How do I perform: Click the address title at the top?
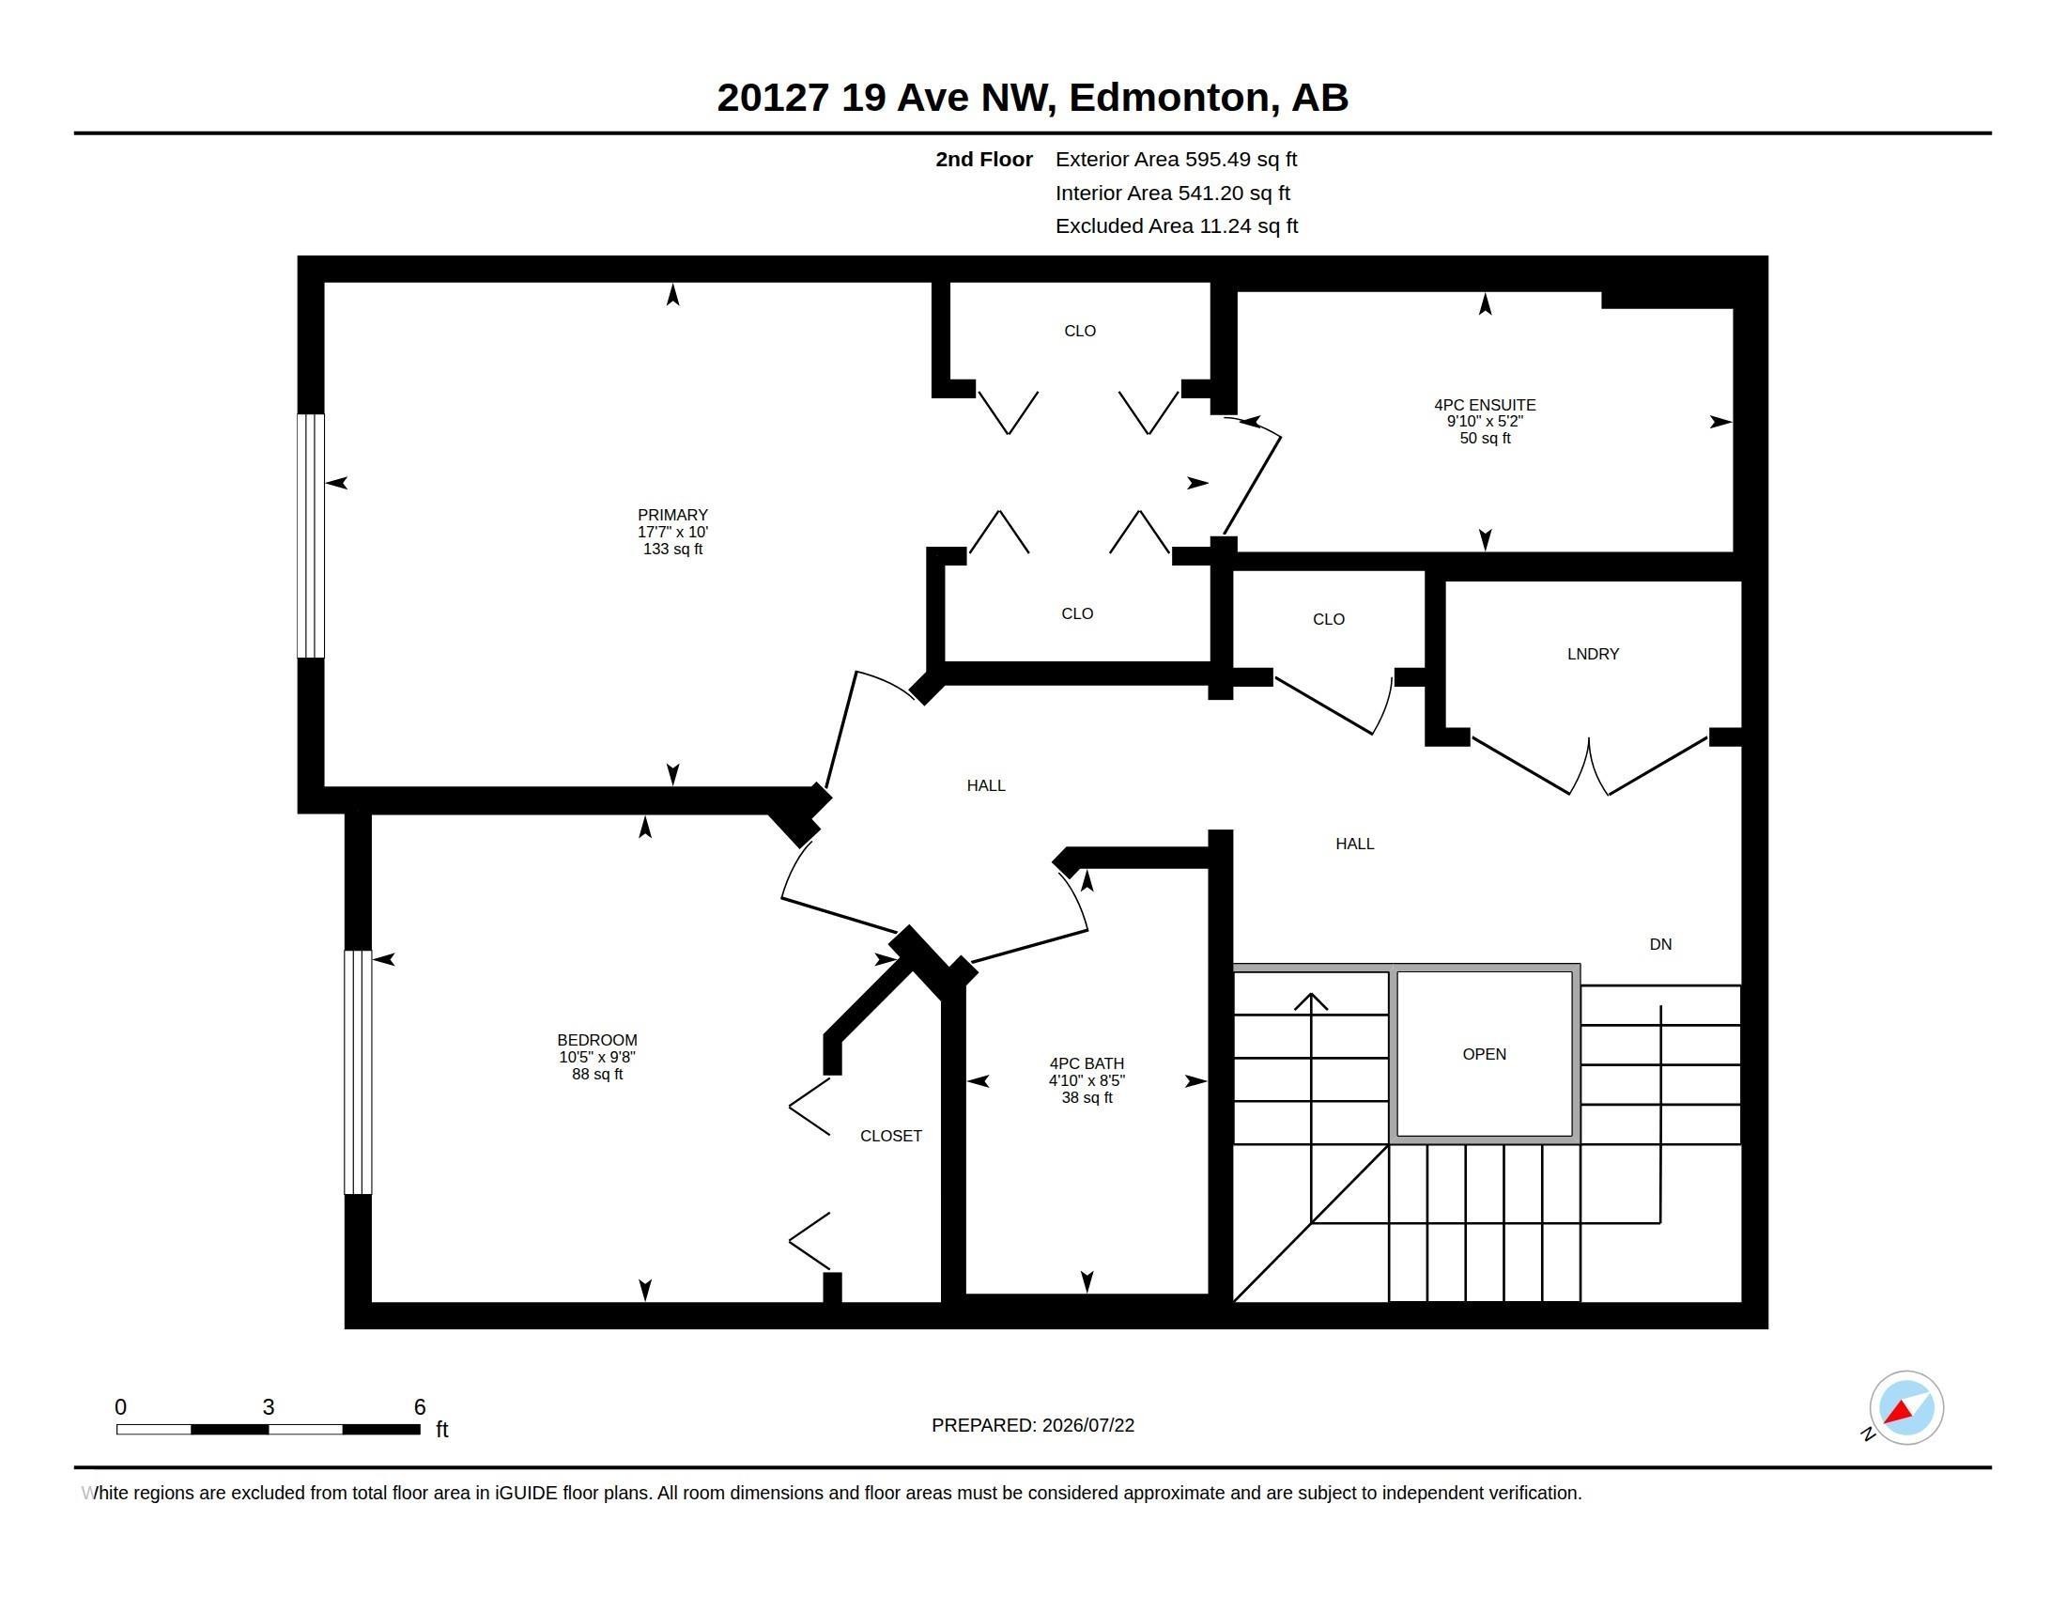[x=1032, y=98]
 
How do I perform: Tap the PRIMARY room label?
[x=672, y=516]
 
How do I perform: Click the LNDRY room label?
[x=1593, y=654]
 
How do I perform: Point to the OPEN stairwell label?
[x=1484, y=1054]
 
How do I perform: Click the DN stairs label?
[x=1660, y=944]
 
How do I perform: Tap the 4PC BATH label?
[x=1086, y=1063]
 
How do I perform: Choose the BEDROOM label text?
[x=597, y=1040]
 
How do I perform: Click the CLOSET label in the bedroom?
[x=890, y=1136]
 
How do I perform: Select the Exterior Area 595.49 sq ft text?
[x=1176, y=160]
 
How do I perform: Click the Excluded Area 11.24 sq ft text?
[x=1177, y=226]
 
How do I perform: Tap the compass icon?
[x=1905, y=1408]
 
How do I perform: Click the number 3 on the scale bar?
[x=269, y=1407]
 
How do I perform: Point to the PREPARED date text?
[x=1033, y=1425]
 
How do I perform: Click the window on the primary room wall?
[x=311, y=535]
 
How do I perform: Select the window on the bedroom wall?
[x=358, y=1072]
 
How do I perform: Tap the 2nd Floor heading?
[x=984, y=160]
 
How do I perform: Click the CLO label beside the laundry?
[x=1328, y=619]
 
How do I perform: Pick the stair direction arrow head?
[x=1311, y=1001]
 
